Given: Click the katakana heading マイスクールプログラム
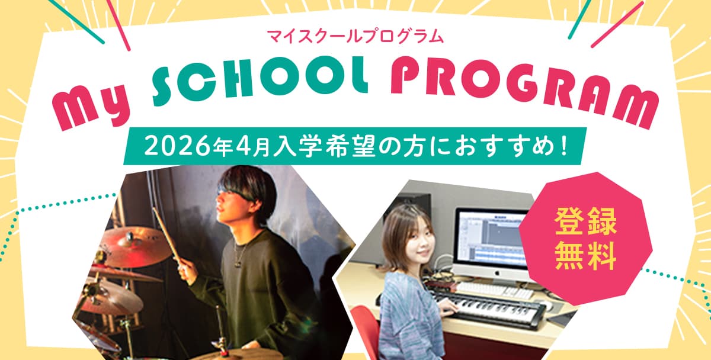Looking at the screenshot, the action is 355,36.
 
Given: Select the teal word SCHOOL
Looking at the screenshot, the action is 260,79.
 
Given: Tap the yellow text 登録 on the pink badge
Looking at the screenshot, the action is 586,221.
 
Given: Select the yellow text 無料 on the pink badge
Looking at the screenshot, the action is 586,256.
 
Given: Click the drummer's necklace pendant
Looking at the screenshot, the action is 237,264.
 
